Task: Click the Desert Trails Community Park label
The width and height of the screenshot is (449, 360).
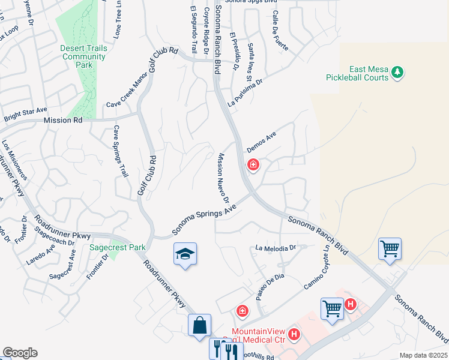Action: click(83, 57)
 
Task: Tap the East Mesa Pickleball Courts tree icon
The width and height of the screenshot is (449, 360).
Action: click(396, 73)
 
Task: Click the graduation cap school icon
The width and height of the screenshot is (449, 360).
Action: click(185, 254)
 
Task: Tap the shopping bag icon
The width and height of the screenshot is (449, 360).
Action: click(199, 326)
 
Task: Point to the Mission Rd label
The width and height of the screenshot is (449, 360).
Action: click(62, 121)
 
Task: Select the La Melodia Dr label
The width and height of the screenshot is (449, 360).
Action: click(276, 247)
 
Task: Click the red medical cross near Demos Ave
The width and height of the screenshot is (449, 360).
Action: click(253, 164)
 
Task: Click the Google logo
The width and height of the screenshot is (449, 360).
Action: click(20, 353)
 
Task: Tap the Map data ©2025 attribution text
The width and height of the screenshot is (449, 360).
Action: click(423, 355)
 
